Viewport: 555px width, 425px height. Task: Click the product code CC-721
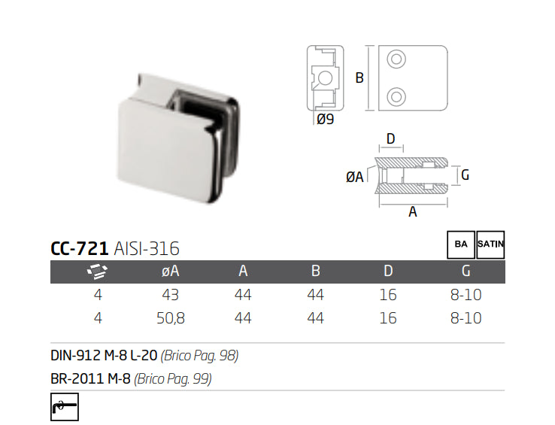coord(79,249)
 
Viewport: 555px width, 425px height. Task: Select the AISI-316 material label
coord(147,249)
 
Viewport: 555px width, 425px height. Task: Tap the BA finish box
coord(461,244)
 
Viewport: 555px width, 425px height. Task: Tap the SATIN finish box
coord(490,244)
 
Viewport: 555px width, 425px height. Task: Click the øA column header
coord(170,272)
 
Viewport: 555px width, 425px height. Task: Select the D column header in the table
coord(388,272)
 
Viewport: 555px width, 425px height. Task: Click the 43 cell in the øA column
coord(170,295)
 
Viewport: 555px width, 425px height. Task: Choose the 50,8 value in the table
coord(170,318)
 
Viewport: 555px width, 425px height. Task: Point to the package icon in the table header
coord(98,272)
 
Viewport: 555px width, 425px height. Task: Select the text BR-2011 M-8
coord(90,379)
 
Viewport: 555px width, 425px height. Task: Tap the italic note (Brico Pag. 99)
coord(173,379)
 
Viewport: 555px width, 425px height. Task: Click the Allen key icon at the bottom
coord(64,407)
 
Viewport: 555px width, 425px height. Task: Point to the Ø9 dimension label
coord(325,119)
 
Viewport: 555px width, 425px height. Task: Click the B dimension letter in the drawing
coord(359,77)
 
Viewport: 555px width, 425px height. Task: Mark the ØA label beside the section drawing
coord(354,176)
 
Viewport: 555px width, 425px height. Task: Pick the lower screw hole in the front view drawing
coord(396,95)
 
